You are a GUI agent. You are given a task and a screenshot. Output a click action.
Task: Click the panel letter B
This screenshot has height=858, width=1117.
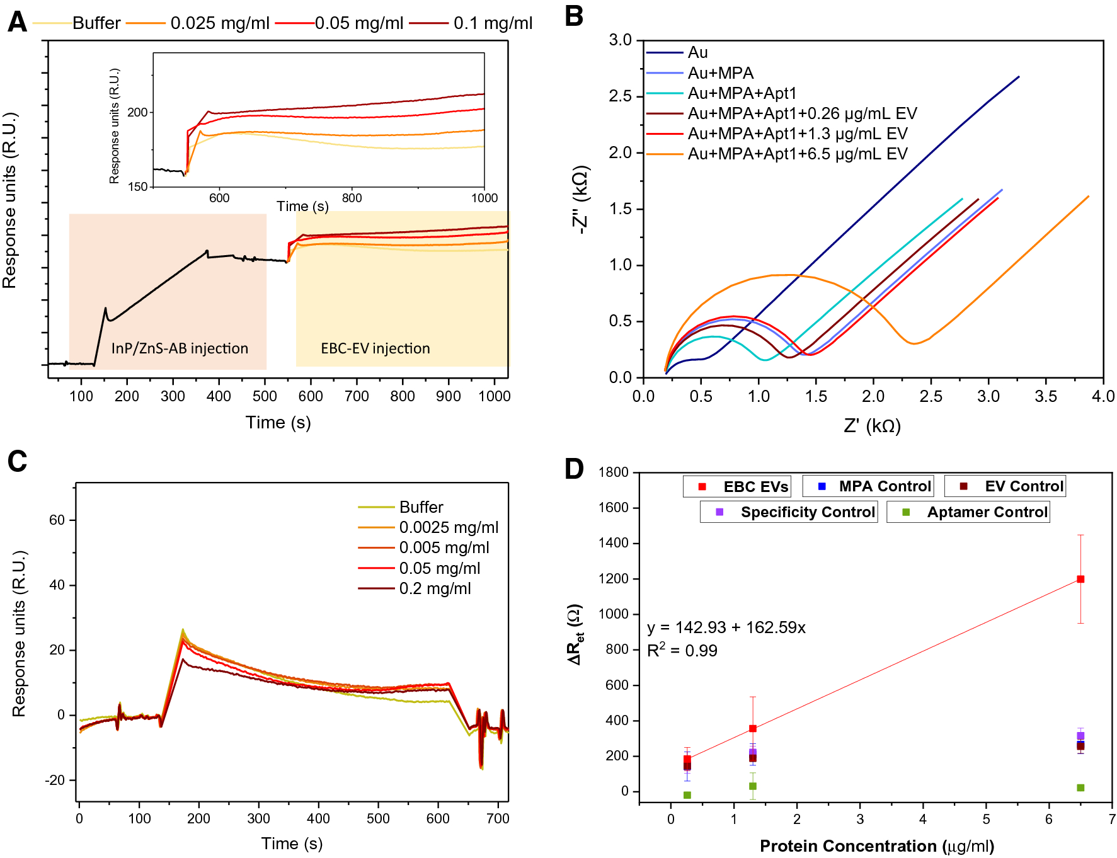point(573,16)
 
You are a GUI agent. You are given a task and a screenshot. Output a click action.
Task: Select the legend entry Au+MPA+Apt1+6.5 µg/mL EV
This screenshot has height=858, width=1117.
point(797,154)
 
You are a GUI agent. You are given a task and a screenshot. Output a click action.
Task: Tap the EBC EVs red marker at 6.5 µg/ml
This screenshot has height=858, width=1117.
point(1080,579)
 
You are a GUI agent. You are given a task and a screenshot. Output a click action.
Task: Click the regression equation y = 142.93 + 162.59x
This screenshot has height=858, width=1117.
point(726,627)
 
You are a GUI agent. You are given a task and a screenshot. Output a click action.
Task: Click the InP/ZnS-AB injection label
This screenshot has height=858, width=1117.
point(180,348)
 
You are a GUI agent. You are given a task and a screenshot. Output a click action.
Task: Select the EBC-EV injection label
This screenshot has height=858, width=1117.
point(375,348)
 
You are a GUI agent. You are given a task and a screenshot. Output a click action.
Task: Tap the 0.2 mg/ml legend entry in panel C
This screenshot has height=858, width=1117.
point(435,588)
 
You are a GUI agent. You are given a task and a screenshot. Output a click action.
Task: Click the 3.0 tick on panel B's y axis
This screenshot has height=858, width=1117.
point(620,40)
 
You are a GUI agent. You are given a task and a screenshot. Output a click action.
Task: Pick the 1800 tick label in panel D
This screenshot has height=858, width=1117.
point(613,472)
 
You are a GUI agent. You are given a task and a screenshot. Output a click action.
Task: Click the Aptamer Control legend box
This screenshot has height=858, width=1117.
point(968,512)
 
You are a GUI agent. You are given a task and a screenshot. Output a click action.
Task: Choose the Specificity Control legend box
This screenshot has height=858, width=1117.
point(789,512)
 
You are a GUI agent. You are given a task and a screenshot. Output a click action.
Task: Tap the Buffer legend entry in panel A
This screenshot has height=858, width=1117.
point(96,23)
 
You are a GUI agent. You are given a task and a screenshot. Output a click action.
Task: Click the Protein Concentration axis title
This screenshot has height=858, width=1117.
point(876,845)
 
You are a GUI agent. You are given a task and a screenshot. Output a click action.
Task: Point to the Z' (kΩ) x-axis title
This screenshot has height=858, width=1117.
point(872,426)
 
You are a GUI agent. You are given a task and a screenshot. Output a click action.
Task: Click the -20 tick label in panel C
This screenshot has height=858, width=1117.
point(55,780)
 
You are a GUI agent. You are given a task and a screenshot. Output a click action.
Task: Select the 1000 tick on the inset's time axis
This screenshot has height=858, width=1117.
point(484,198)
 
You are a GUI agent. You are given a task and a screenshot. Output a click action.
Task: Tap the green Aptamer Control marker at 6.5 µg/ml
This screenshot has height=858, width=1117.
point(1080,787)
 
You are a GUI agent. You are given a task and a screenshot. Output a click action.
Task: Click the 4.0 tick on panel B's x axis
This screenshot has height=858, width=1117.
point(1103,396)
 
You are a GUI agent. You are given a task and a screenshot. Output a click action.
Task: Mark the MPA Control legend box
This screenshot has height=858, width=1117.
point(868,486)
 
